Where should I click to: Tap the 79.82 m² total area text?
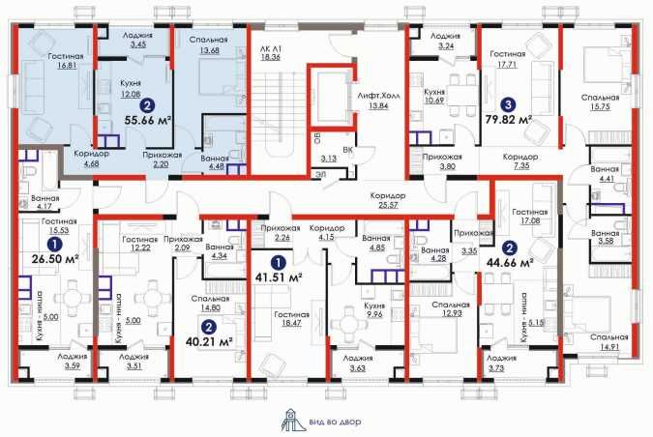point(509,120)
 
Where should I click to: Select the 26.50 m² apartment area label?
point(56,259)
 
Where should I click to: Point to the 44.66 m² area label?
point(510,263)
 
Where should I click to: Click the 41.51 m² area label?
point(279,277)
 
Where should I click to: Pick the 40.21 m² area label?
point(209,341)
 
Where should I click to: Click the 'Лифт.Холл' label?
point(378,96)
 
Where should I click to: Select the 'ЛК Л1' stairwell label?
point(270,48)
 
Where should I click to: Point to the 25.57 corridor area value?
point(388,205)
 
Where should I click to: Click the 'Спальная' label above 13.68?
point(208,40)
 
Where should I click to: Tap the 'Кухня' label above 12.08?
point(130,83)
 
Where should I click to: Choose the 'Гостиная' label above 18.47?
point(291,314)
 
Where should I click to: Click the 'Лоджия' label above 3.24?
point(446,36)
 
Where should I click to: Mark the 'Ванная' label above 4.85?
point(376,239)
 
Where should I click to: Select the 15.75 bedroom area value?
point(600,107)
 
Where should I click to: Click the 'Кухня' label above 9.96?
point(374,306)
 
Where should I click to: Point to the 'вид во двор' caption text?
point(335,422)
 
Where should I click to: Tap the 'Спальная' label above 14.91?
point(608,336)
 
